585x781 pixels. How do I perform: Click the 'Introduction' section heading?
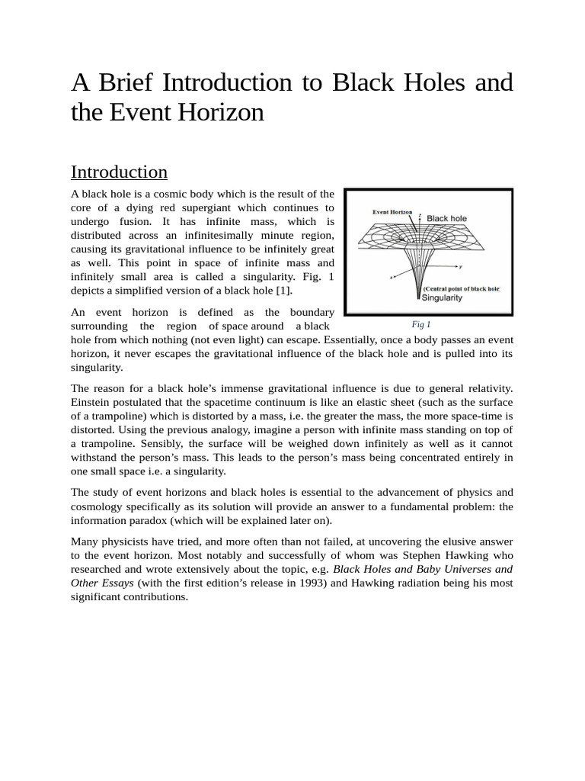coord(119,172)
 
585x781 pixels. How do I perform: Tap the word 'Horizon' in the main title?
coord(223,113)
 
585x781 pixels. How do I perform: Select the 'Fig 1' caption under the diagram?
coord(421,324)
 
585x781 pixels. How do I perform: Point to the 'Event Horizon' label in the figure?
coord(392,211)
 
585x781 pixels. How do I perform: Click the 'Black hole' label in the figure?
coord(447,218)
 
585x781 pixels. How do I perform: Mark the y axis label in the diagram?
coord(460,267)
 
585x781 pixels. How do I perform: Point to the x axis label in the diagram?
coord(392,278)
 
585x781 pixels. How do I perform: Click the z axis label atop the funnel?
coord(420,216)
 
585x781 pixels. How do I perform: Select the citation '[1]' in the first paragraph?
coord(283,291)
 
